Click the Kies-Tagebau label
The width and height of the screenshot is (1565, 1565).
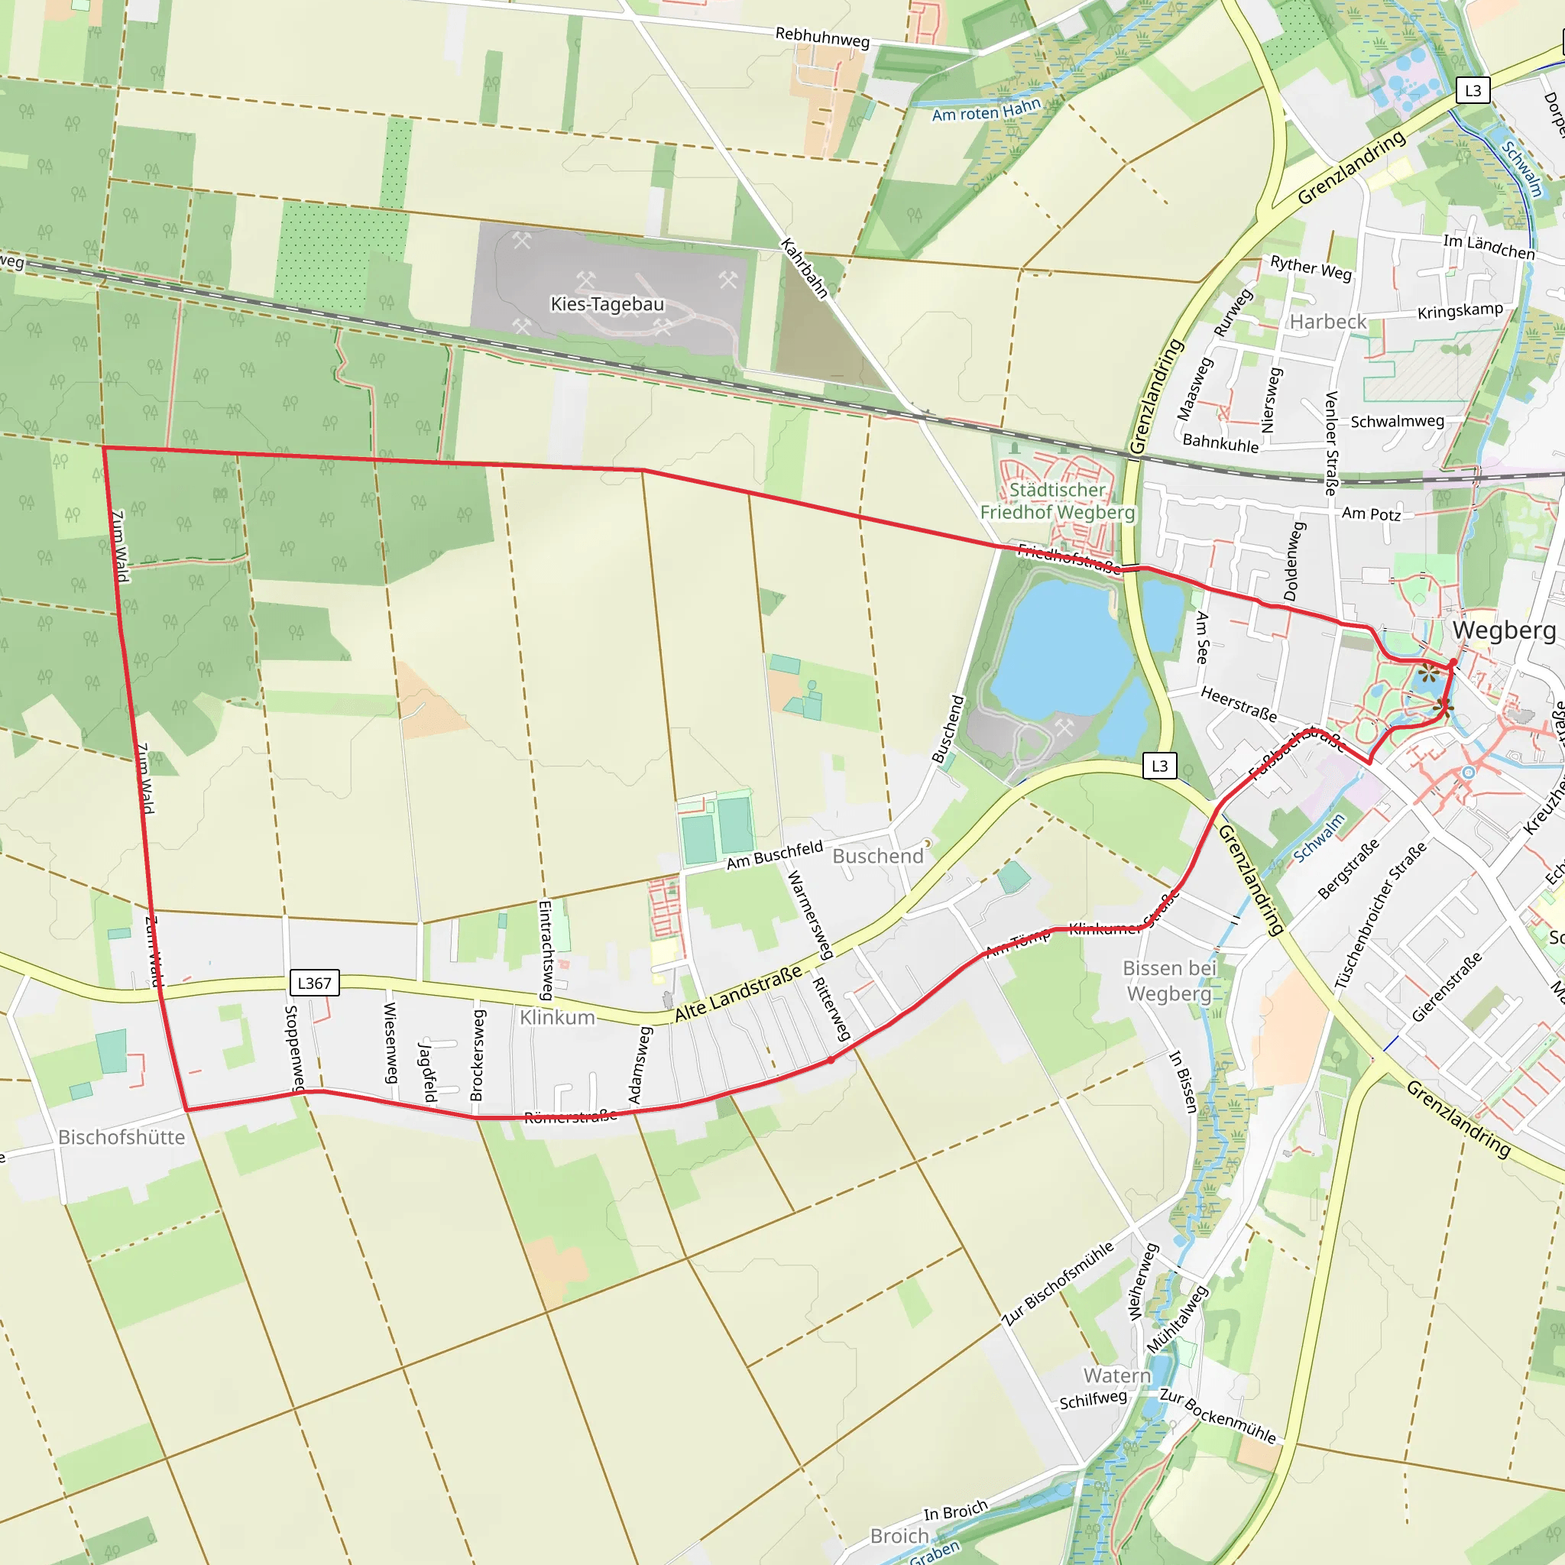pyautogui.click(x=607, y=304)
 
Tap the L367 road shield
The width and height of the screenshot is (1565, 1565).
pyautogui.click(x=314, y=983)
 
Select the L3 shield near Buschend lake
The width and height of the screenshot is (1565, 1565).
pyautogui.click(x=1159, y=766)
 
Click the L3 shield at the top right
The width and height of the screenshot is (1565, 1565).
pyautogui.click(x=1473, y=90)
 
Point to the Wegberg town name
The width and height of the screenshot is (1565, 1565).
pyautogui.click(x=1503, y=630)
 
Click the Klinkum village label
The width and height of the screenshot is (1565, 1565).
pyautogui.click(x=557, y=1017)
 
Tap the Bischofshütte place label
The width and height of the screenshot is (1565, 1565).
pyautogui.click(x=122, y=1137)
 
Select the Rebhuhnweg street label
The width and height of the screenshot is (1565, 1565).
pyautogui.click(x=822, y=37)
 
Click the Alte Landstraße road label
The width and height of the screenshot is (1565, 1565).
pyautogui.click(x=738, y=993)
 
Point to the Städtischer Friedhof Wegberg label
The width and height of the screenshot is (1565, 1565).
pyautogui.click(x=1057, y=501)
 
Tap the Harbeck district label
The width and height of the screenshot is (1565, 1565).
pyautogui.click(x=1327, y=322)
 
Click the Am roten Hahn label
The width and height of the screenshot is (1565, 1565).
pyautogui.click(x=986, y=110)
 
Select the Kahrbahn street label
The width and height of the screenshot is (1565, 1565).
pyautogui.click(x=804, y=268)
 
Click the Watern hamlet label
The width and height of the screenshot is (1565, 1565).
pyautogui.click(x=1117, y=1375)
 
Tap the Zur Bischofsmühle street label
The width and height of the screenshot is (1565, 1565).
pyautogui.click(x=1058, y=1284)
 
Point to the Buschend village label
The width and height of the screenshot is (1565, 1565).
pyautogui.click(x=877, y=856)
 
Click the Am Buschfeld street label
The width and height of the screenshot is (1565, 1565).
pyautogui.click(x=774, y=855)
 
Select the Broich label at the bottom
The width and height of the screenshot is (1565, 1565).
pyautogui.click(x=899, y=1536)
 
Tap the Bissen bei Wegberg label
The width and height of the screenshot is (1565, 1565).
pyautogui.click(x=1169, y=981)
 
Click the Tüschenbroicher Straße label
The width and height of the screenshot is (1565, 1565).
pyautogui.click(x=1381, y=915)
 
